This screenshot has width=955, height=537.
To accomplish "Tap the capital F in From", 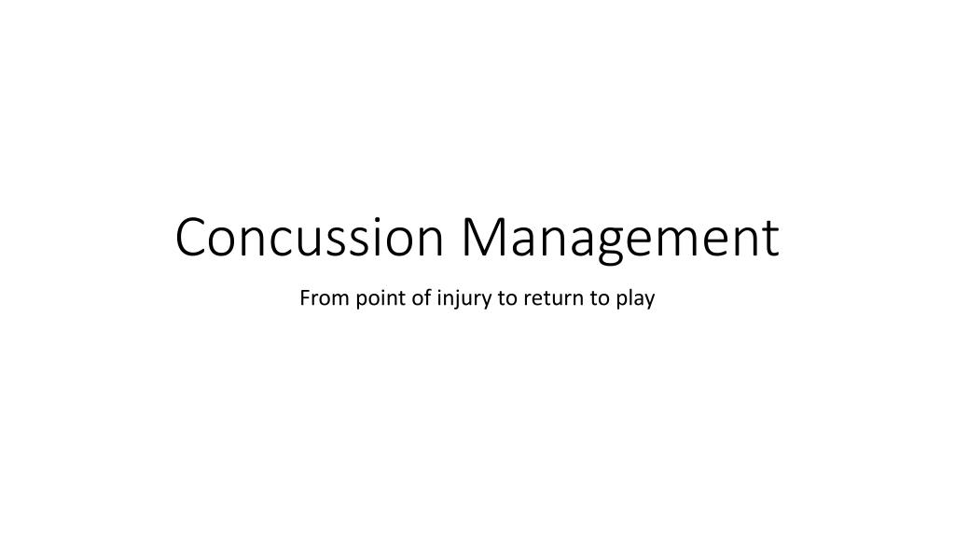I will pyautogui.click(x=304, y=299).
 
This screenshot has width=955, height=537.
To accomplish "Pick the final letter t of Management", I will pyautogui.click(x=769, y=238).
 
